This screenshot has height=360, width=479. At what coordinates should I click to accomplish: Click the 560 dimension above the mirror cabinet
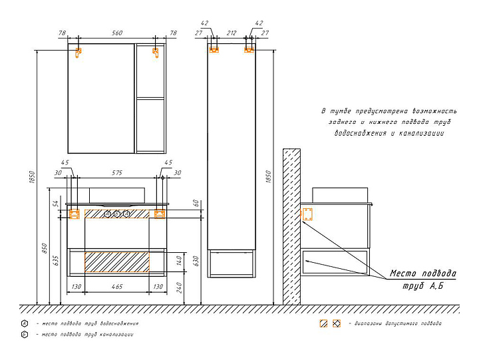(117, 33)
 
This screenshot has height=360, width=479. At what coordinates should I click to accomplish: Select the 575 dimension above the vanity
(117, 173)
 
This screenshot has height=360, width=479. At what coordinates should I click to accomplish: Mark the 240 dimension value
(178, 288)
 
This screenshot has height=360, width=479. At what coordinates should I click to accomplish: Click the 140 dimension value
(178, 261)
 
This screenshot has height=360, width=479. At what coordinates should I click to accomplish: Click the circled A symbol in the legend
(24, 323)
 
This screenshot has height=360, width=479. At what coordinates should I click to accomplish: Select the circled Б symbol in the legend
(24, 335)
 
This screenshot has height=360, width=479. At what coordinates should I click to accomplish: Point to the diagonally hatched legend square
(323, 323)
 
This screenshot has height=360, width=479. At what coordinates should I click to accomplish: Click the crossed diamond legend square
(337, 323)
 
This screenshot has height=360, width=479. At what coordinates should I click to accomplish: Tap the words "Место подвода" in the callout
(423, 273)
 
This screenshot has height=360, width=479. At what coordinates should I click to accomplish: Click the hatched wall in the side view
(290, 226)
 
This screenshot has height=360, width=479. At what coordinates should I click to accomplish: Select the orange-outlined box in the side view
(307, 214)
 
